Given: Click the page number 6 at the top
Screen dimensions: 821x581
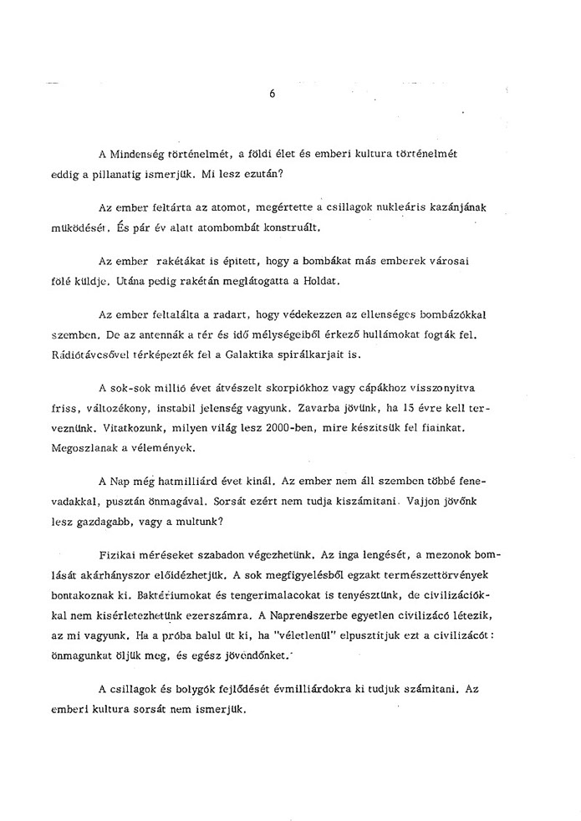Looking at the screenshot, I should coord(273,94).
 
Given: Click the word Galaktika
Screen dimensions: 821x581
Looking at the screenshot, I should coord(254,354).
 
